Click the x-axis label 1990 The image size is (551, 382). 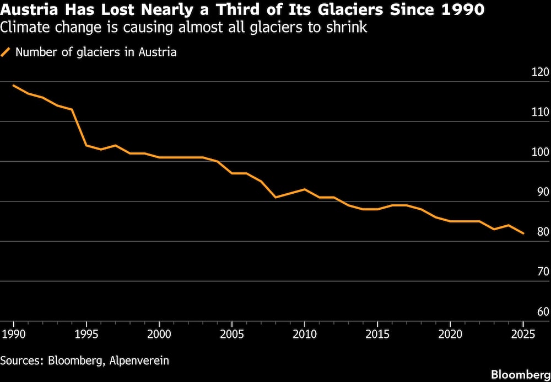coord(13,334)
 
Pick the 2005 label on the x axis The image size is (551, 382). coord(232,334)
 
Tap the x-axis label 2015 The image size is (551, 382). coord(377,334)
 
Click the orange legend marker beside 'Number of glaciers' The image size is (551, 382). coord(6,53)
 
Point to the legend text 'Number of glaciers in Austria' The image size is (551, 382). coord(96,53)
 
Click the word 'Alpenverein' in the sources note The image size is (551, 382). coord(140,360)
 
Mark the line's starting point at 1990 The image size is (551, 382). coord(13,86)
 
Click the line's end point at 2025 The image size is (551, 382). coord(523,234)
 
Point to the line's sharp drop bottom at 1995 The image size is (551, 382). coord(86,145)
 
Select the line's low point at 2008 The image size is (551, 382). coord(275,197)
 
